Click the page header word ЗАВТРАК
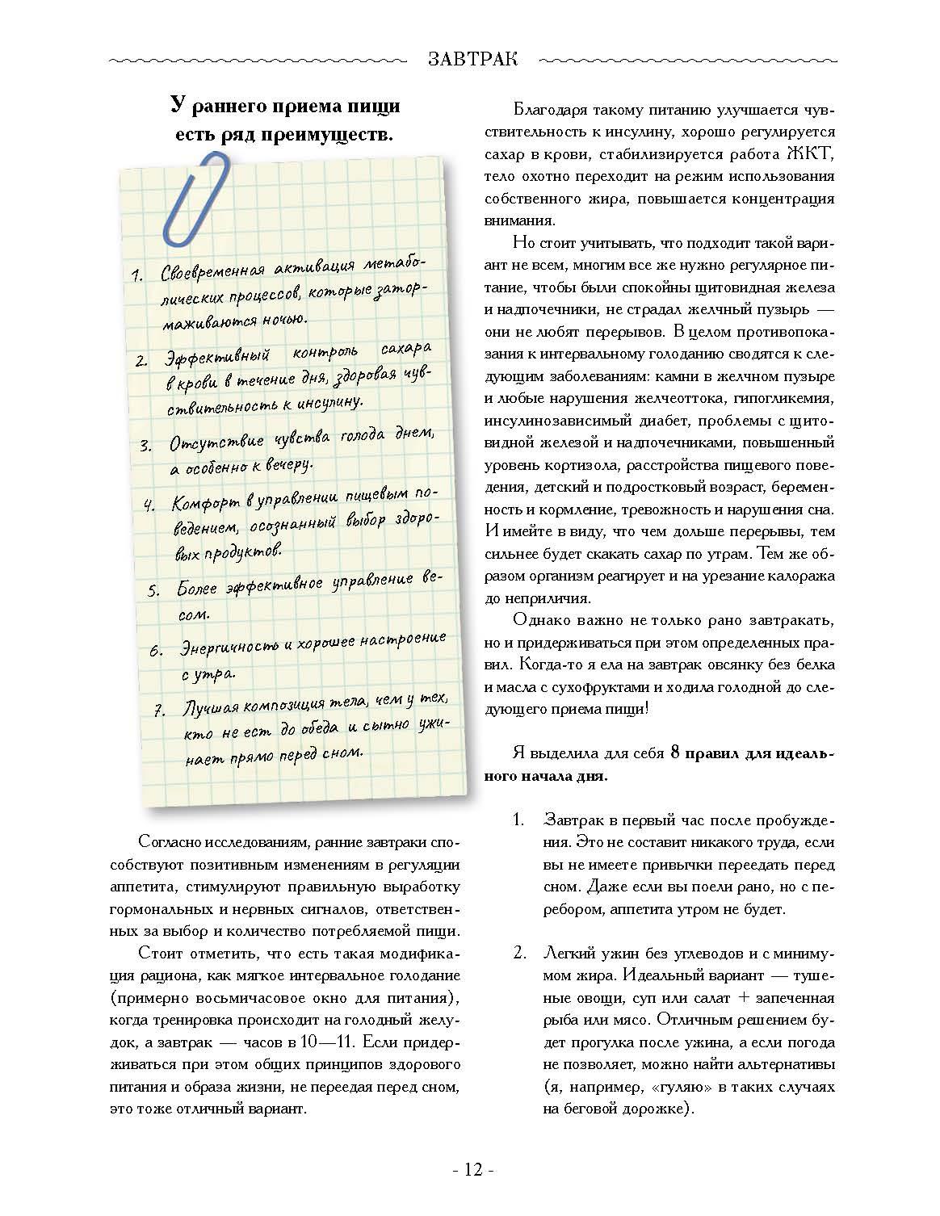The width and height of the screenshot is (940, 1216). coord(472,60)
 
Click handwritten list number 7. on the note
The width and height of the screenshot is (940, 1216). coord(160,711)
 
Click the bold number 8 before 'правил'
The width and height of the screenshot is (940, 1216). coord(673,753)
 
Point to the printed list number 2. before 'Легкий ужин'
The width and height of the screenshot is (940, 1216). coord(520,953)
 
